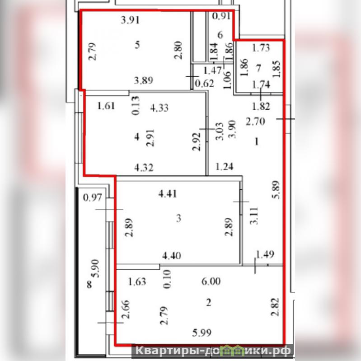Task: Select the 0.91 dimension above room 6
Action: tap(221, 17)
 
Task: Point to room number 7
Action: tap(258, 68)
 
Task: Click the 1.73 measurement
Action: tap(260, 47)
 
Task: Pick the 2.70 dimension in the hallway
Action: tap(253, 121)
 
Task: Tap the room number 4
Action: tap(137, 137)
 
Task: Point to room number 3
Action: tap(178, 219)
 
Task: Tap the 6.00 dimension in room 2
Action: tap(212, 281)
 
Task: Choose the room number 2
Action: tap(208, 303)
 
